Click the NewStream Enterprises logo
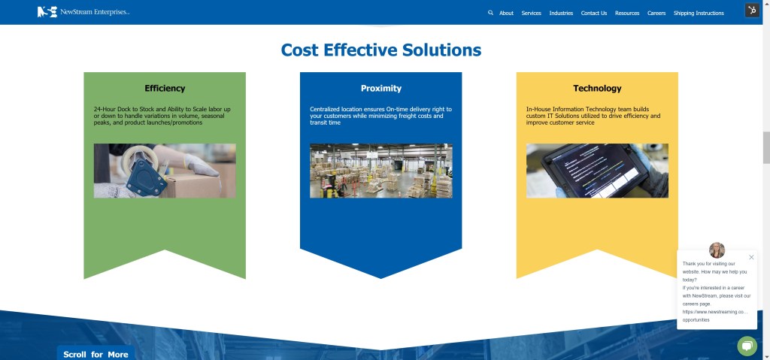pyautogui.click(x=83, y=12)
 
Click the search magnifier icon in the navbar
pyautogui.click(x=490, y=13)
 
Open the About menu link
pyautogui.click(x=506, y=14)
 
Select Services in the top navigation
pyautogui.click(x=532, y=14)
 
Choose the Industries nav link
pyautogui.click(x=561, y=14)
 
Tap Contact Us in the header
pyautogui.click(x=594, y=14)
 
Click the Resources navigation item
pyautogui.click(x=627, y=14)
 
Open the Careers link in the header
pyautogui.click(x=656, y=14)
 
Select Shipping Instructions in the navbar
pyautogui.click(x=699, y=14)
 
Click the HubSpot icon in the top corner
pyautogui.click(x=752, y=11)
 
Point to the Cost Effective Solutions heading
pyautogui.click(x=381, y=50)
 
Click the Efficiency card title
pyautogui.click(x=165, y=89)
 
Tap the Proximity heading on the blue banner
pyautogui.click(x=381, y=89)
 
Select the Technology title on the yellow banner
pyautogui.click(x=597, y=89)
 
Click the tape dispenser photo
pyautogui.click(x=165, y=171)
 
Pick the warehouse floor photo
pyautogui.click(x=381, y=171)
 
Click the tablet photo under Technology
pyautogui.click(x=597, y=171)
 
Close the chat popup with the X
pyautogui.click(x=751, y=257)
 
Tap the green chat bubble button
pyautogui.click(x=747, y=346)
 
